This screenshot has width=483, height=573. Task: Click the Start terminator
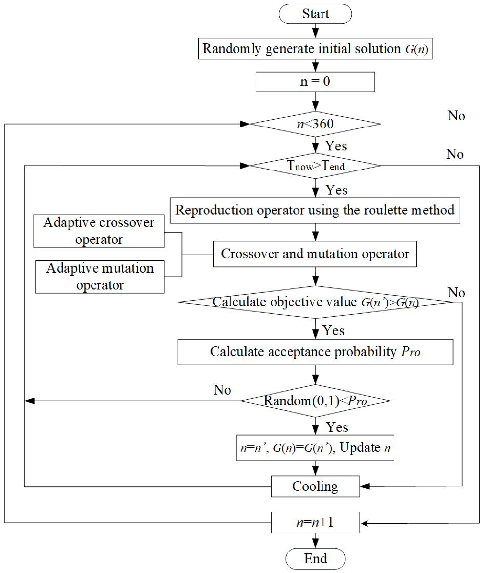click(315, 14)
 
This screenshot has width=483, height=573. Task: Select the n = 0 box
click(315, 82)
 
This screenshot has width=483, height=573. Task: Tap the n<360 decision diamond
click(315, 124)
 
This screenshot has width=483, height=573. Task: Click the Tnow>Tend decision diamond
click(315, 166)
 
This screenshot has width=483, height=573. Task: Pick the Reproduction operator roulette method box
click(315, 210)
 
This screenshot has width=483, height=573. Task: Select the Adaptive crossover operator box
click(99, 231)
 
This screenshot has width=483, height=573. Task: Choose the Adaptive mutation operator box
click(100, 276)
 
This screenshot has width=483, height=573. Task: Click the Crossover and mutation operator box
click(315, 254)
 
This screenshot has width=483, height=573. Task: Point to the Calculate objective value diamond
click(315, 302)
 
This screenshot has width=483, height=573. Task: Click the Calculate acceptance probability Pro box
click(315, 352)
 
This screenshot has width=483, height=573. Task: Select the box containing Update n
click(315, 448)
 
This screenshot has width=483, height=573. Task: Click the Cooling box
click(315, 486)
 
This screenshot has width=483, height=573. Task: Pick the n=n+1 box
click(315, 523)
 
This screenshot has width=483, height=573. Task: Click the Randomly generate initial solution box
click(315, 49)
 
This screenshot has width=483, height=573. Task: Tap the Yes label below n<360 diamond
click(336, 146)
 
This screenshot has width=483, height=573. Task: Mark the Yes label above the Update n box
click(337, 427)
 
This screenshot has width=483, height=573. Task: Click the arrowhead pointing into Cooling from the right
click(365, 486)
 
